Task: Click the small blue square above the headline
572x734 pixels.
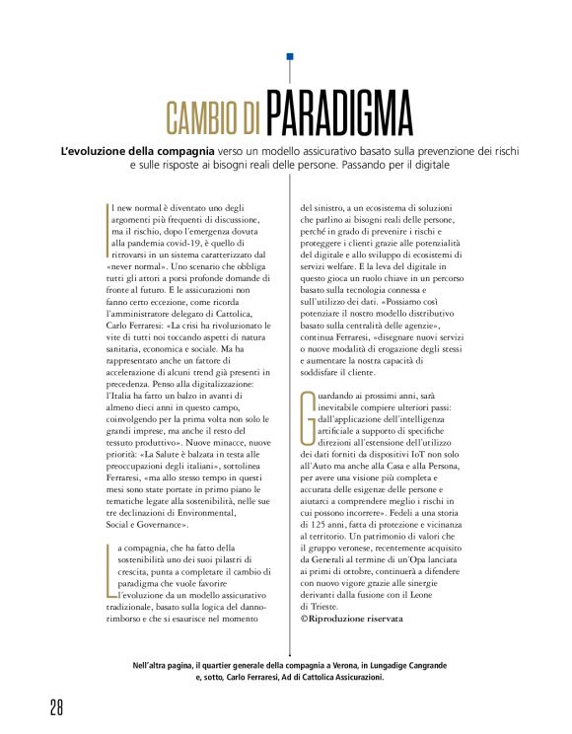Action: [290, 57]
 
